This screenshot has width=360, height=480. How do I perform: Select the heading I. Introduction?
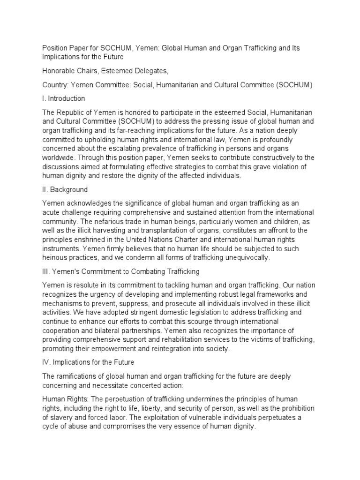[64, 98]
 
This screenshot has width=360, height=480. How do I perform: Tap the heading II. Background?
[65, 190]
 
